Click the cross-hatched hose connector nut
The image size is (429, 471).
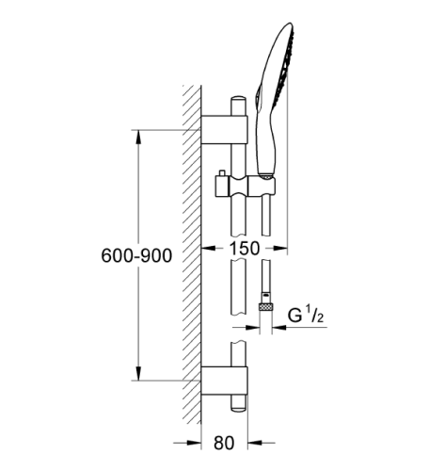[x=266, y=304]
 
